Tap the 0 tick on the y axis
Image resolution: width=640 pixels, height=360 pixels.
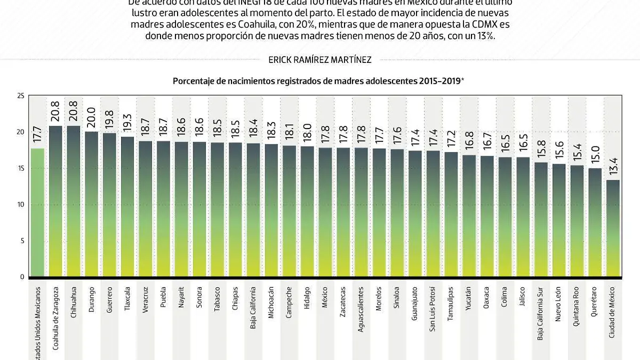(22, 277)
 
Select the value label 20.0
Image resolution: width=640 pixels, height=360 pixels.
(92, 116)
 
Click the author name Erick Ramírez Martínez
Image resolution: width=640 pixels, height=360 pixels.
(320, 60)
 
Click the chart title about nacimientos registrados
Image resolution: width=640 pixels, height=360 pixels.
(318, 81)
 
